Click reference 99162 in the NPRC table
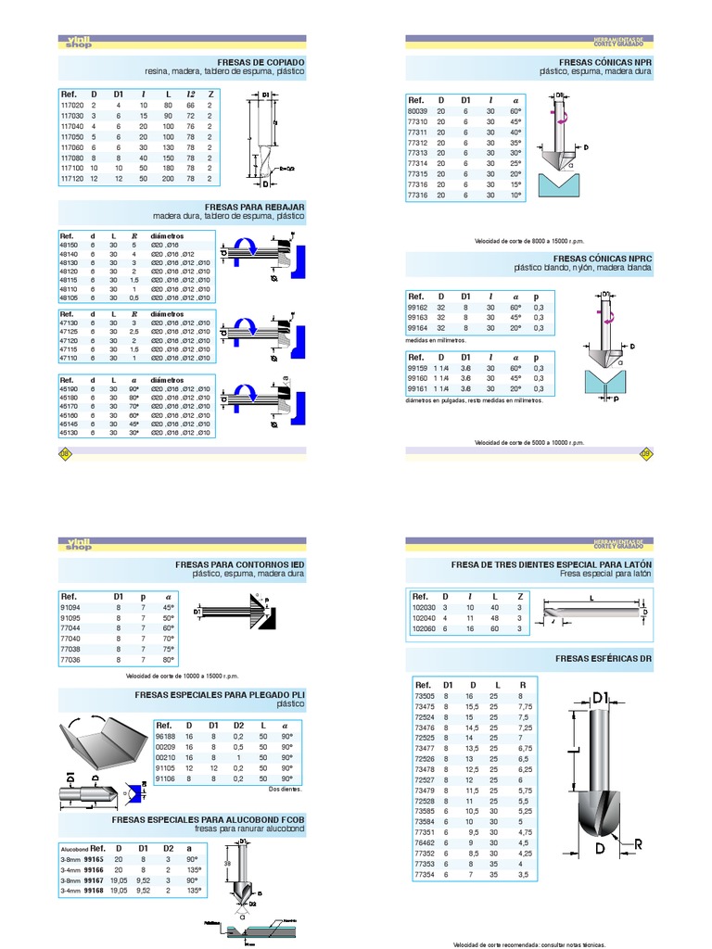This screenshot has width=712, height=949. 418,307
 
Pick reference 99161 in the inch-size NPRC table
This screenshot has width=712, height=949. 418,388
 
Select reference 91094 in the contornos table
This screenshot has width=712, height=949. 70,608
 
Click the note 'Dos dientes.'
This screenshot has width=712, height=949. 286,789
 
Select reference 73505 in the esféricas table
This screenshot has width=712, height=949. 425,695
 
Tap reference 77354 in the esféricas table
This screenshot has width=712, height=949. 425,874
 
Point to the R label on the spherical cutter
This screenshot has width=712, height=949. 639,843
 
